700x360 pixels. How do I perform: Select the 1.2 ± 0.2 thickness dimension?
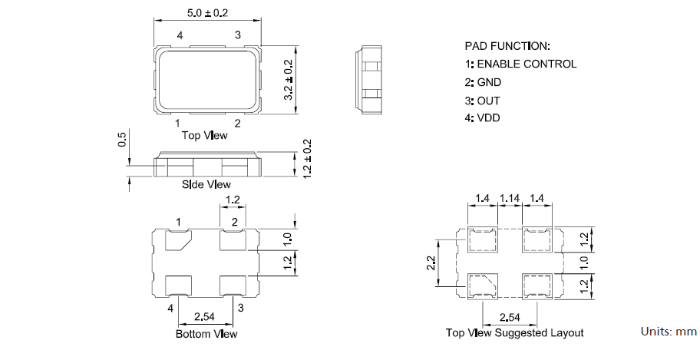click(x=308, y=159)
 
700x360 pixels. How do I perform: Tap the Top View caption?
click(x=204, y=136)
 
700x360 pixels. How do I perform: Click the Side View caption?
click(x=206, y=184)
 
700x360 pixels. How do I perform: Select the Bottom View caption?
click(x=206, y=334)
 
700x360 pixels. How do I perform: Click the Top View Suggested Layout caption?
click(x=514, y=333)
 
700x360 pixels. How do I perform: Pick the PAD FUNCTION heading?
click(x=507, y=46)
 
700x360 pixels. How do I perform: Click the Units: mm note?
click(x=669, y=332)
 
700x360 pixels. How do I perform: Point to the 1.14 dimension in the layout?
click(x=510, y=199)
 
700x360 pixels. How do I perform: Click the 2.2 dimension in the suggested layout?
click(x=432, y=263)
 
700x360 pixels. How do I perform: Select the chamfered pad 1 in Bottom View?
click(x=181, y=241)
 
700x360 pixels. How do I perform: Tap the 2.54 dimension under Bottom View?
click(x=205, y=316)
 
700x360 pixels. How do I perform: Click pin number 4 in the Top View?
click(x=180, y=35)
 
